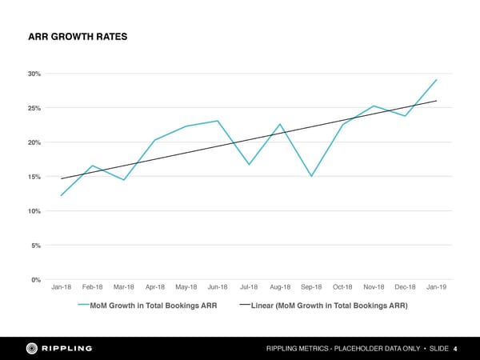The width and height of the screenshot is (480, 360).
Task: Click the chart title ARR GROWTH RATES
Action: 78,37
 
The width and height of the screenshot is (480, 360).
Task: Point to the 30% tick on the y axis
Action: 34,74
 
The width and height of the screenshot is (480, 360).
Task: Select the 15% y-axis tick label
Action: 34,177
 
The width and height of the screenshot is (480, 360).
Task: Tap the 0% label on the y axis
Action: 36,279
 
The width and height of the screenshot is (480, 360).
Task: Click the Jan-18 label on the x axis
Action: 62,287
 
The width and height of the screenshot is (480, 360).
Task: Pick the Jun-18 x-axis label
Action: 218,287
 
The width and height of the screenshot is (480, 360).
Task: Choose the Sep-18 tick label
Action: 311,287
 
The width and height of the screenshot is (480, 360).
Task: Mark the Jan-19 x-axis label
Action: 436,287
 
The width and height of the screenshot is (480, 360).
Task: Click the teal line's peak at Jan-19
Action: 436,80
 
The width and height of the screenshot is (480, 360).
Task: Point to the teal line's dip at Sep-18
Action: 311,176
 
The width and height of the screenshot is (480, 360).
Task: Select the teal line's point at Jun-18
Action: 218,121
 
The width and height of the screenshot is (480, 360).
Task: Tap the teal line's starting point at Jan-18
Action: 62,195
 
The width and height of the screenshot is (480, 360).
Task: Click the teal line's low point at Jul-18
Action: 250,164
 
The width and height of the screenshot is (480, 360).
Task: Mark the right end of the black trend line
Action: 436,101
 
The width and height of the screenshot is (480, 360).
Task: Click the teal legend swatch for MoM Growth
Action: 83,306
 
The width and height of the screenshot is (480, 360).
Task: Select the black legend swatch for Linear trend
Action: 245,306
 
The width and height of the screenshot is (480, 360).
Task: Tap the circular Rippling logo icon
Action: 33,348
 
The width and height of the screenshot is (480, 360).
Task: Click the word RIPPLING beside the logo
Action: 67,348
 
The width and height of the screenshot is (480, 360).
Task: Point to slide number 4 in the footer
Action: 455,349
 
